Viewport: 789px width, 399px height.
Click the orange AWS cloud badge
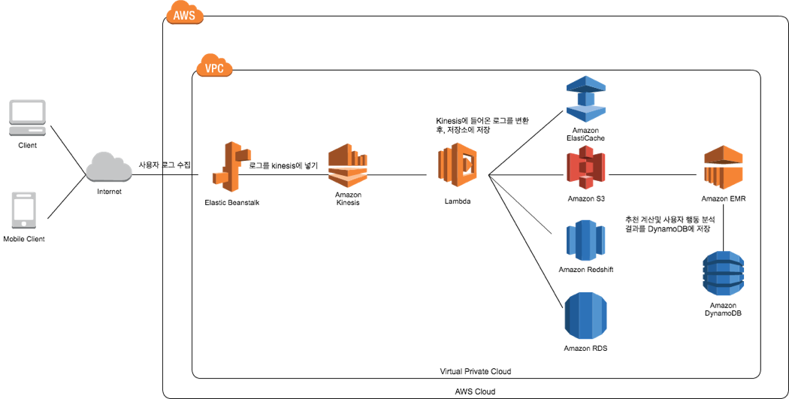[184, 14]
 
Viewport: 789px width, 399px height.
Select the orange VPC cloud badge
[214, 66]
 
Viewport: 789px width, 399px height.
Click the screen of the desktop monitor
[27, 111]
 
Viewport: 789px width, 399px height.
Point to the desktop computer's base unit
[27, 131]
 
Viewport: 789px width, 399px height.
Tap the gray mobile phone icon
[23, 210]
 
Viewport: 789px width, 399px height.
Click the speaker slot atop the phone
[23, 196]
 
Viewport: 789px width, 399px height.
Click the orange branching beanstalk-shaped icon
[231, 166]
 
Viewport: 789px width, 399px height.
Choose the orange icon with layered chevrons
[348, 165]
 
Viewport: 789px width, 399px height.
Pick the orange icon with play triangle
[458, 165]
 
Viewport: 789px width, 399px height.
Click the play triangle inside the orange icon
[468, 164]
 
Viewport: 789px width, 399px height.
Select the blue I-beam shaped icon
[586, 98]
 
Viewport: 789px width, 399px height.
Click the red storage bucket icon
[586, 167]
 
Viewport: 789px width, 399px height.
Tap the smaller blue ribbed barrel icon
[586, 240]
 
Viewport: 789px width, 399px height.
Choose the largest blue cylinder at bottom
[586, 316]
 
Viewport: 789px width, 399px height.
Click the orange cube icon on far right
[724, 167]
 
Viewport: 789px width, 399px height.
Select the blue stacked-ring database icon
[724, 274]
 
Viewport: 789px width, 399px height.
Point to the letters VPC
[214, 69]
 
